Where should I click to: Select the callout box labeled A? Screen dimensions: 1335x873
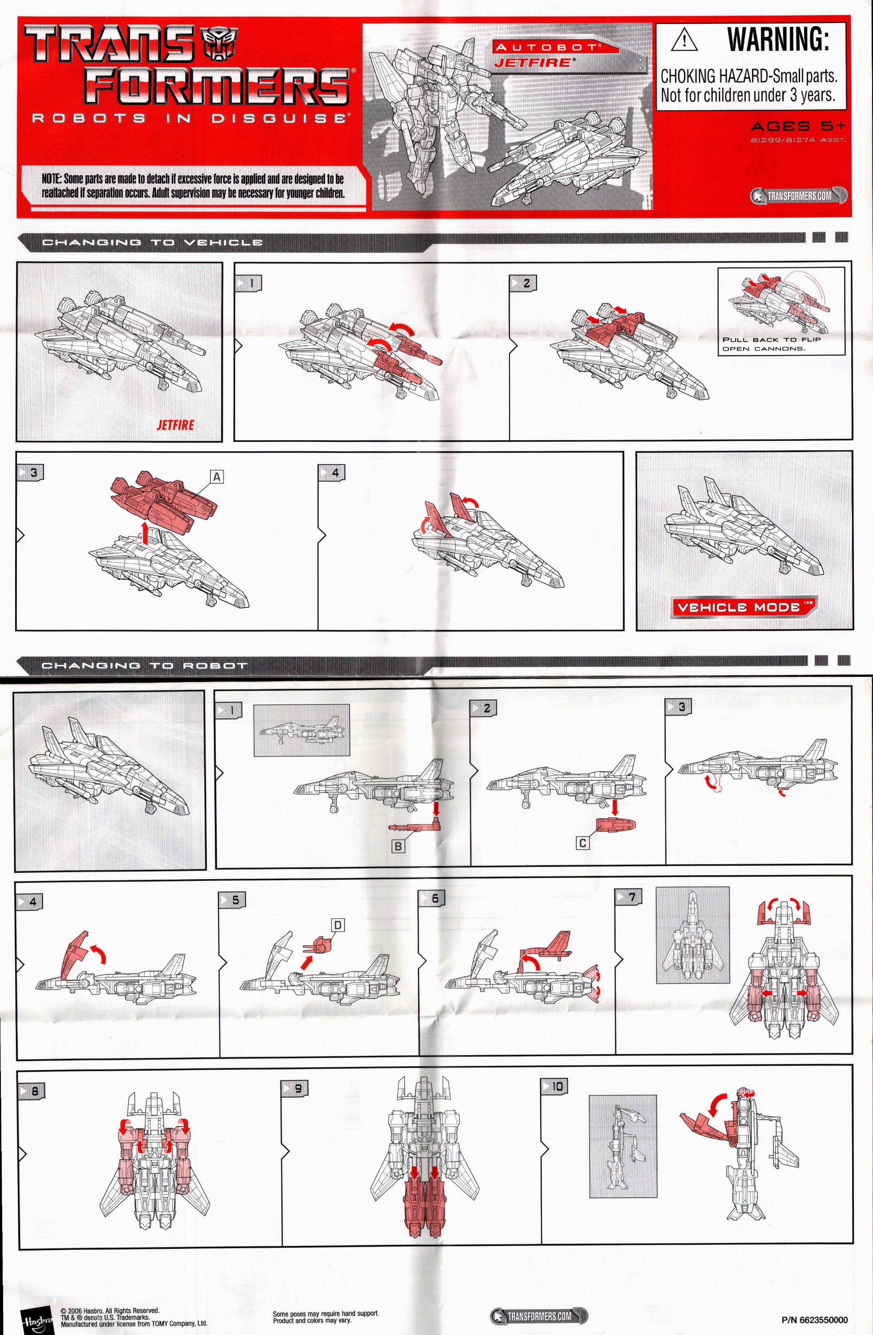point(216,477)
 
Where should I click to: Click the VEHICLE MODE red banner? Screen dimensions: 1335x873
point(744,607)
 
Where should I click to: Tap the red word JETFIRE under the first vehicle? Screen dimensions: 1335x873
point(175,425)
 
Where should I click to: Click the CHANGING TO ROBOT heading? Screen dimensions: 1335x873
point(144,666)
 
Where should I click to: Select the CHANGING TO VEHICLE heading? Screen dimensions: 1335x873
point(152,243)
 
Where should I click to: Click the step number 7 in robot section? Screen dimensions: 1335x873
point(631,897)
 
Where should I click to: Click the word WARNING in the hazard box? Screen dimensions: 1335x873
point(778,39)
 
